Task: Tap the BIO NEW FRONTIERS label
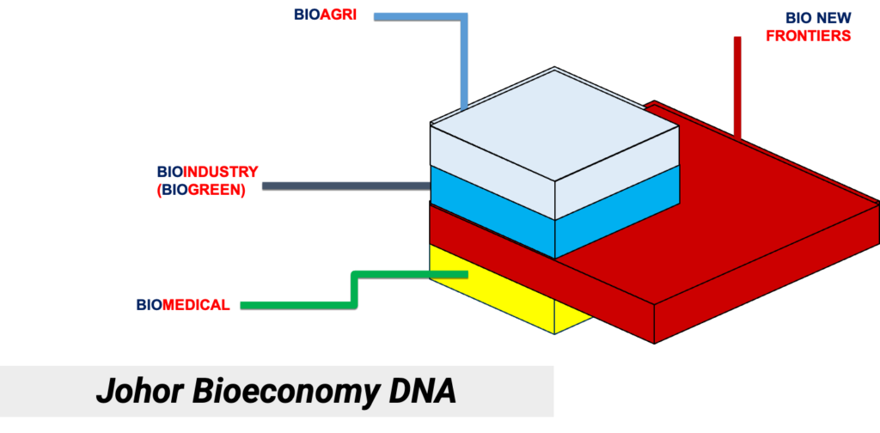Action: click(x=817, y=27)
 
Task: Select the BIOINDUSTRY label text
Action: click(x=207, y=172)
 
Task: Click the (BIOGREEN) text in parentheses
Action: click(x=202, y=191)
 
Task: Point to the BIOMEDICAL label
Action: click(x=182, y=305)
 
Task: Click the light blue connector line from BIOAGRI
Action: click(x=464, y=60)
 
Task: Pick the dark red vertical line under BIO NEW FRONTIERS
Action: click(x=737, y=86)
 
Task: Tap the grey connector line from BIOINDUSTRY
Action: click(x=344, y=185)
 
